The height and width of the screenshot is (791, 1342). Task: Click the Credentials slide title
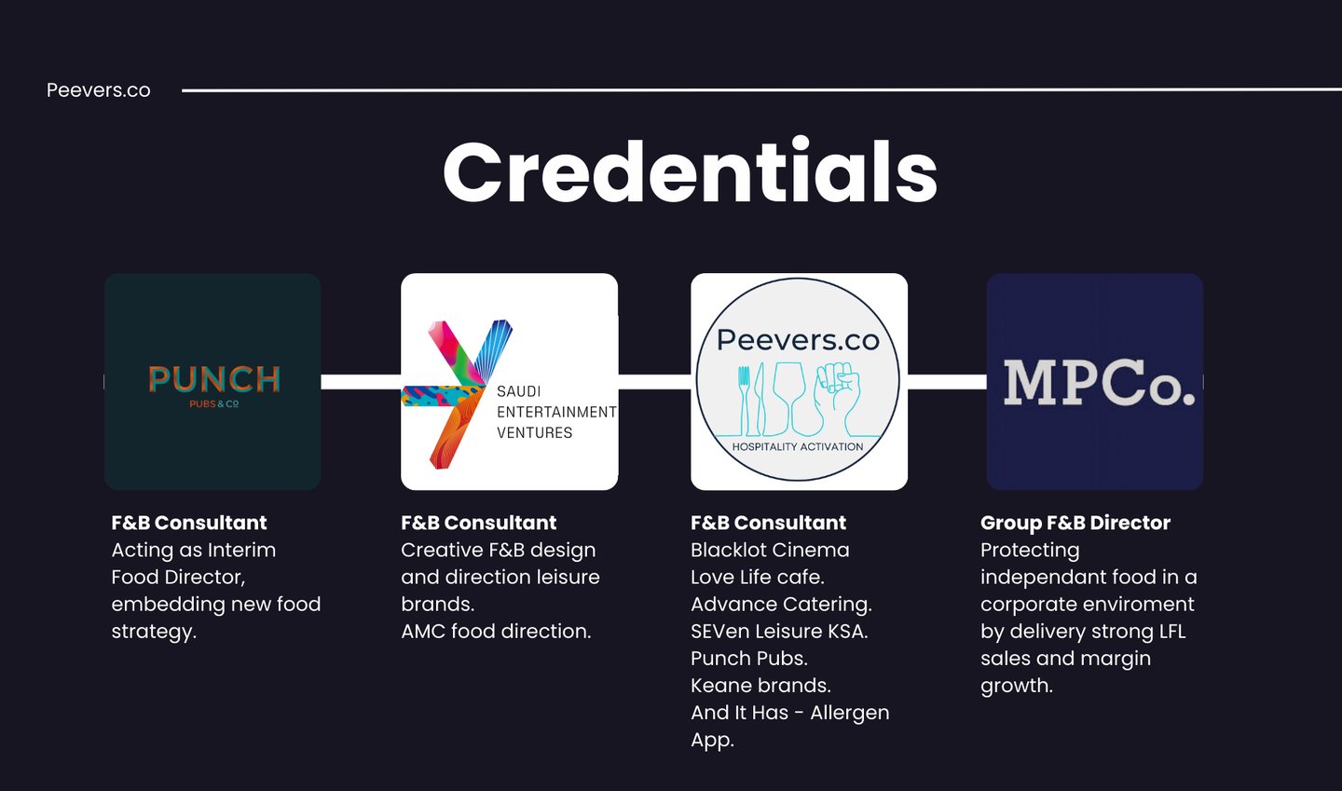pyautogui.click(x=690, y=173)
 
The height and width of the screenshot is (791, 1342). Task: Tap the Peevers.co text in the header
pyautogui.click(x=99, y=90)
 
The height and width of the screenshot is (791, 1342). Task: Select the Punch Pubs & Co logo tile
pyautogui.click(x=212, y=382)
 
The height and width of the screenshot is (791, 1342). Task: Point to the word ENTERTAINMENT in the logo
pyautogui.click(x=556, y=412)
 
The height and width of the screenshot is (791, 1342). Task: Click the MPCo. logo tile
pyautogui.click(x=1095, y=382)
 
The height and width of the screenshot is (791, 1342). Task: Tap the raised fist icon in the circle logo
pyautogui.click(x=837, y=396)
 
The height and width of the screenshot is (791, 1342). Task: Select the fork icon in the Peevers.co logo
pyautogui.click(x=744, y=401)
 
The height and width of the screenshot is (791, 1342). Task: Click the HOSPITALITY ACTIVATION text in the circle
pyautogui.click(x=798, y=447)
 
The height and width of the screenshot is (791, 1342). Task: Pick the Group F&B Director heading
pyautogui.click(x=1075, y=523)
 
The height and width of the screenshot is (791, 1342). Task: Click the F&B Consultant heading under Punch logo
pyautogui.click(x=189, y=523)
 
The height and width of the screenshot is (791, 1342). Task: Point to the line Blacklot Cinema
pyautogui.click(x=770, y=550)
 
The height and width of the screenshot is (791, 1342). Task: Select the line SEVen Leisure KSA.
pyautogui.click(x=779, y=631)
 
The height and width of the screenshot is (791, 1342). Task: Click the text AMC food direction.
pyautogui.click(x=496, y=631)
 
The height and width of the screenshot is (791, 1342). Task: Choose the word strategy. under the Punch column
pyautogui.click(x=154, y=631)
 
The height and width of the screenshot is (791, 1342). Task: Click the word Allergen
pyautogui.click(x=850, y=713)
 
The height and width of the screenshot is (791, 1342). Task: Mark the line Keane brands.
pyautogui.click(x=760, y=686)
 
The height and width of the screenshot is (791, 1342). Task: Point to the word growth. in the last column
pyautogui.click(x=1017, y=686)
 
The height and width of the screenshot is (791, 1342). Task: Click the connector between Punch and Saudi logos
pyautogui.click(x=361, y=382)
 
